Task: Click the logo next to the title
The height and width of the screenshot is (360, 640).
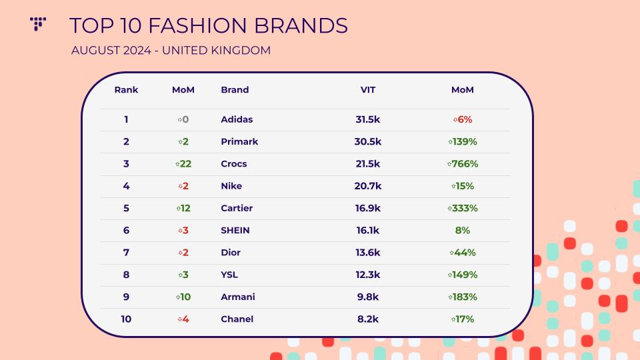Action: (x=38, y=24)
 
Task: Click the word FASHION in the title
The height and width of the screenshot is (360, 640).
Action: (x=197, y=25)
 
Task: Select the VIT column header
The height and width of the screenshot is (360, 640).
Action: (x=368, y=90)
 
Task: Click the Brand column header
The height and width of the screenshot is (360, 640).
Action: (x=235, y=90)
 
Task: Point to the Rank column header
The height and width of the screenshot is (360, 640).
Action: (x=126, y=90)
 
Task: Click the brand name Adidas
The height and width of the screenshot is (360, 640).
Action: (x=237, y=119)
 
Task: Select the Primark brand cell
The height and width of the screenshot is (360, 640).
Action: (x=239, y=141)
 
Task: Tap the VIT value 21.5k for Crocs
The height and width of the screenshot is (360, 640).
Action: (x=368, y=164)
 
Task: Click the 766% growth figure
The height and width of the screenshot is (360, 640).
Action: (x=463, y=164)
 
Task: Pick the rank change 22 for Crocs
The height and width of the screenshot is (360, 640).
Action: (x=183, y=164)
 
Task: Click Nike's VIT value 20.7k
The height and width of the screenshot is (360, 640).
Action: (x=368, y=186)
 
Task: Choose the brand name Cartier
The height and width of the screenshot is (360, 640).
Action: (x=237, y=208)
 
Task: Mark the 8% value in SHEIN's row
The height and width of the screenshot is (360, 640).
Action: (x=463, y=230)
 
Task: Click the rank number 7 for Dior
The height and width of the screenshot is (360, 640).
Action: (x=126, y=253)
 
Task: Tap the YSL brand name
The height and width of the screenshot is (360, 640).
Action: (x=229, y=275)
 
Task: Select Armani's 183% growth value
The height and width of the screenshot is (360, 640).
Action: (x=463, y=297)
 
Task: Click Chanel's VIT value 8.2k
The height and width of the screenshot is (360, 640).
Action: (x=368, y=319)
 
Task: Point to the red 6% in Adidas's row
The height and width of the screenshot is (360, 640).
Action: (x=463, y=119)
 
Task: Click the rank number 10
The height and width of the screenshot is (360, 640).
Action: (x=126, y=319)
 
